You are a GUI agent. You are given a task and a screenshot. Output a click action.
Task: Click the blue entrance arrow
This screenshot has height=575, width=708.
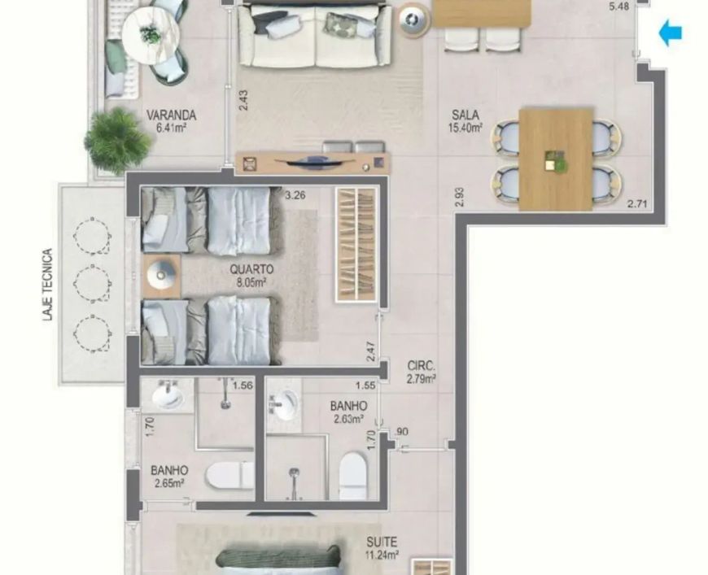click(671, 33)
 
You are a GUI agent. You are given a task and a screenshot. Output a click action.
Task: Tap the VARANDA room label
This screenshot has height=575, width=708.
click(171, 115)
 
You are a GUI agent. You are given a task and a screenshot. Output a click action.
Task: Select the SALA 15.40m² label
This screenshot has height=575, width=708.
click(465, 121)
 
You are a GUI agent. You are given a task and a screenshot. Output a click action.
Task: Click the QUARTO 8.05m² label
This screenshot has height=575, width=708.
click(251, 276)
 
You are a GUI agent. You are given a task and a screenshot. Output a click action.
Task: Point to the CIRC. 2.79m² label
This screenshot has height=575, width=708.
click(422, 372)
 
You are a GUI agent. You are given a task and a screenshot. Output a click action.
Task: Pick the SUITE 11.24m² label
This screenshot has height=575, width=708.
click(382, 548)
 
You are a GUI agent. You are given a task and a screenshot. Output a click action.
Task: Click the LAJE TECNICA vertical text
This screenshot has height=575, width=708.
click(48, 285)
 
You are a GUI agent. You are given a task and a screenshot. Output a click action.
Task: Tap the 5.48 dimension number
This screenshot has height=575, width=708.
click(618, 7)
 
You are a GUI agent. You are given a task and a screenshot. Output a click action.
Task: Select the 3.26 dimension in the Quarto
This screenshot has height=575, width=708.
click(295, 195)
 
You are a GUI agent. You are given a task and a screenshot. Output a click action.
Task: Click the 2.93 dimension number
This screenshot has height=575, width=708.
click(460, 198)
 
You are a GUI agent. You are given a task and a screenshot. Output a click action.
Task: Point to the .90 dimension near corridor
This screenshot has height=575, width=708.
click(401, 432)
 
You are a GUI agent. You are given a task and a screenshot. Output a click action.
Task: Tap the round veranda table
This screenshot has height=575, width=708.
click(151, 33)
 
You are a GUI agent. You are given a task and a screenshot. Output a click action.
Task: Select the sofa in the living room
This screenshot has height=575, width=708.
click(315, 35)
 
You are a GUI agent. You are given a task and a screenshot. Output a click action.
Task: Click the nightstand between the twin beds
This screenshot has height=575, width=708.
click(161, 276)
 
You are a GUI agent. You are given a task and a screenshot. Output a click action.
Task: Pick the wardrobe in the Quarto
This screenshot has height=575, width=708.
click(356, 244)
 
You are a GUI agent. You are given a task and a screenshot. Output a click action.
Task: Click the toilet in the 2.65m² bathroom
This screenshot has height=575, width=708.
click(229, 475)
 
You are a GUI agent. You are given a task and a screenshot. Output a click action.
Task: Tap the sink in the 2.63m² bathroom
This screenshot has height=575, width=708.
click(285, 405)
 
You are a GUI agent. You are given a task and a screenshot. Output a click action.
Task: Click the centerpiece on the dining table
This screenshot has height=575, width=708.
click(555, 162)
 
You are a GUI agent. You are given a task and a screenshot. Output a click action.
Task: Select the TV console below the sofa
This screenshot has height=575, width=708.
click(312, 163)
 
